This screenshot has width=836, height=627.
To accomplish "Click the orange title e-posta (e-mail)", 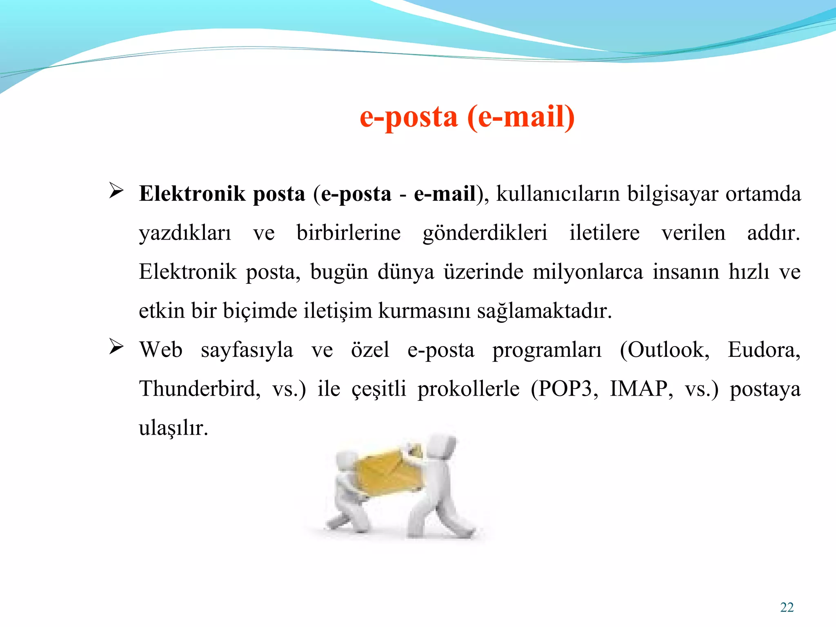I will point(467,117).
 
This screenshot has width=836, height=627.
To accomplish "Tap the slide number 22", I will point(787,607).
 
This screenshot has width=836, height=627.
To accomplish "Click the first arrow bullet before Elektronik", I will point(116,191).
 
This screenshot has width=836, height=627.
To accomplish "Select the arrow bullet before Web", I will point(116,347).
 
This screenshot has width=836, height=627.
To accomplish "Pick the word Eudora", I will point(764,350).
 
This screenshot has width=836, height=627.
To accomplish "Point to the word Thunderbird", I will point(199,389).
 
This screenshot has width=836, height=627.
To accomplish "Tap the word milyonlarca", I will point(588,272).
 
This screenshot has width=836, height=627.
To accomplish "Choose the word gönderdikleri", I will point(485,233).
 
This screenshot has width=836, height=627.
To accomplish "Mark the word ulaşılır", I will point(173,428).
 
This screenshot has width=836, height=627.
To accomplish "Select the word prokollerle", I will point(468,389).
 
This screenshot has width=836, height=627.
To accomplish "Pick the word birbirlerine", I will point(349,233).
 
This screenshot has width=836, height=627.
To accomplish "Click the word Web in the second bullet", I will point(161,350).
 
